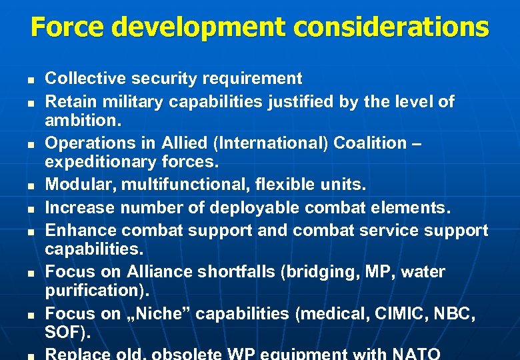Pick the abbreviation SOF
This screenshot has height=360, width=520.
64,332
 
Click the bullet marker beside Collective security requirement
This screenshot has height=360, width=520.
31,81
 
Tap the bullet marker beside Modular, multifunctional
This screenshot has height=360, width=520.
31,186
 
